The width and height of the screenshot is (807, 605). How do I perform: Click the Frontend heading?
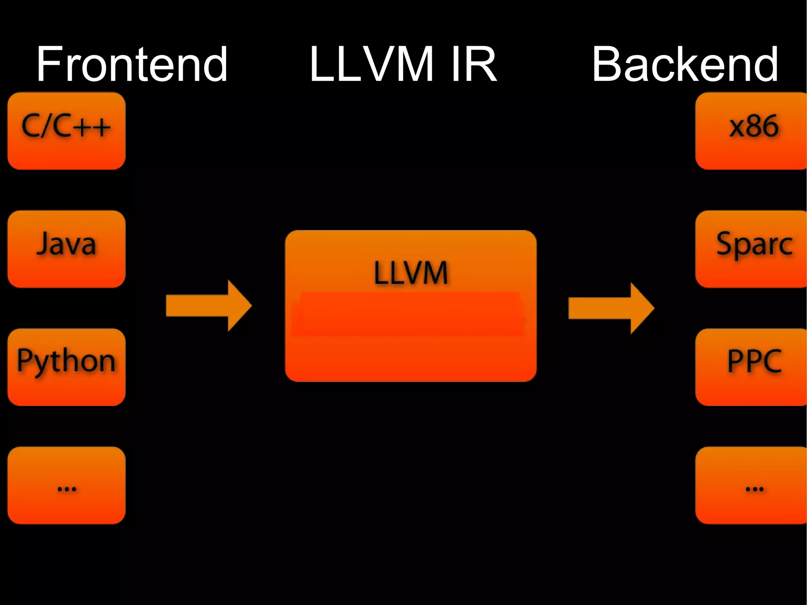[x=132, y=64]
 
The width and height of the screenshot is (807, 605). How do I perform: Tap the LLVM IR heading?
[x=403, y=64]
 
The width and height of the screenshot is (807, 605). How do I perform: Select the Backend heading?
[x=685, y=64]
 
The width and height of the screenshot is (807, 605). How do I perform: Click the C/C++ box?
[x=66, y=131]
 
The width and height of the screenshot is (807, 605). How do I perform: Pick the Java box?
[x=66, y=249]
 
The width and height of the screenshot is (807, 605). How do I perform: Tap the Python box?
[x=66, y=367]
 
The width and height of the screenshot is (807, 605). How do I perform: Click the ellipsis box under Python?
[x=66, y=485]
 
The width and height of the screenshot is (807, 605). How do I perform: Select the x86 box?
[x=751, y=131]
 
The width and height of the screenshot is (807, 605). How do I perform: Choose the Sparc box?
[x=751, y=249]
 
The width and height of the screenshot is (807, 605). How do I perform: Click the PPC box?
[x=751, y=367]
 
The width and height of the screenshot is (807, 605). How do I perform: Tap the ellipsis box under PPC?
[x=751, y=485]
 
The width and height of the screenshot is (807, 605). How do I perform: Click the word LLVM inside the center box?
[x=411, y=273]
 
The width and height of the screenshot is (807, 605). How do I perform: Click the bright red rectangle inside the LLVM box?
[x=408, y=314]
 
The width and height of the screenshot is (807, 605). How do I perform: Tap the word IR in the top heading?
[x=474, y=64]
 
